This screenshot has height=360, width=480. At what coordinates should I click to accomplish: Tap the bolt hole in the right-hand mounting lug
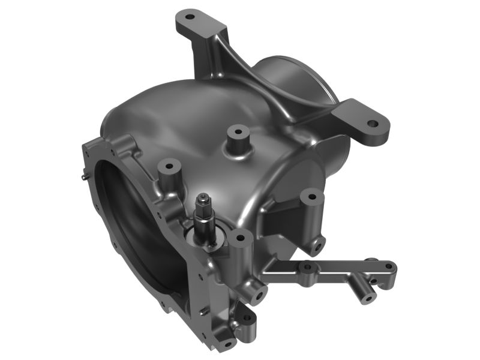click(373, 124)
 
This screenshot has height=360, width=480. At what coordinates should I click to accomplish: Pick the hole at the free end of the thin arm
click(388, 266)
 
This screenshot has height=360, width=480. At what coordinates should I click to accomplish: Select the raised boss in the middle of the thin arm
click(309, 270)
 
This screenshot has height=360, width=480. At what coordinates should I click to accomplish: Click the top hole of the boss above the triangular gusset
click(312, 196)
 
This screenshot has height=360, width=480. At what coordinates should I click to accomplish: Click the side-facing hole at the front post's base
click(259, 296)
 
